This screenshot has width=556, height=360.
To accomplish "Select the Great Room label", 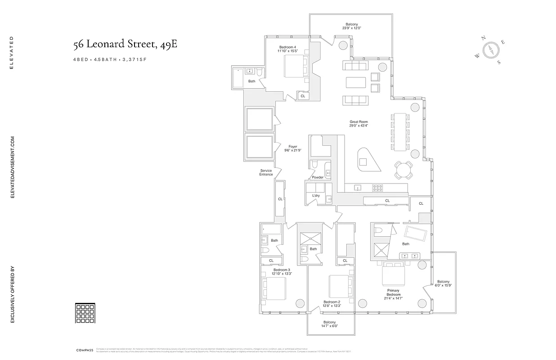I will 359,124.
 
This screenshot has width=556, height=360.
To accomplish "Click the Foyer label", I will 292,148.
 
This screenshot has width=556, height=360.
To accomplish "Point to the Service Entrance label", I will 266,172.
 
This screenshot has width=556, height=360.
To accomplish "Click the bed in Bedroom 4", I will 295,68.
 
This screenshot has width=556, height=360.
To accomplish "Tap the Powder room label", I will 318,177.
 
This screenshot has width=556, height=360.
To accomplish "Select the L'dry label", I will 316,195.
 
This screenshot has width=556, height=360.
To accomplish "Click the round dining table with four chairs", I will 404,170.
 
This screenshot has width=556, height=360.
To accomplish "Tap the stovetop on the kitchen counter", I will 377,187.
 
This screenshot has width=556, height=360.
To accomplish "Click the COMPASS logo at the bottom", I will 84,350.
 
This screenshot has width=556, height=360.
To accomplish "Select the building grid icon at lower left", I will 85,313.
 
